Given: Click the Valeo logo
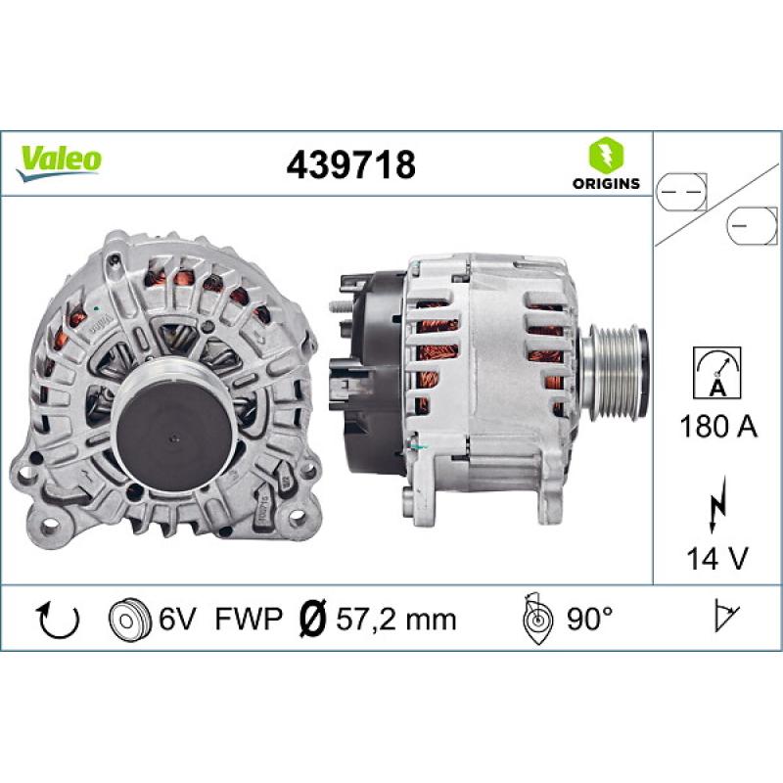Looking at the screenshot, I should coord(58,160).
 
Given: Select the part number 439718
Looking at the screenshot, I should coord(350,164).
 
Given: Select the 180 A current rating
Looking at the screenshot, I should coord(716,426).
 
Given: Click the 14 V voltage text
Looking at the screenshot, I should coord(716,558).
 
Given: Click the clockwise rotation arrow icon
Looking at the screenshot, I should coord(58,619).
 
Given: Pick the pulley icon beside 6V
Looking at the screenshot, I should coord(126,619).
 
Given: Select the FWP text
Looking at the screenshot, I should coord(249,619).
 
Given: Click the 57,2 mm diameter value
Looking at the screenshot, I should coord(395,619).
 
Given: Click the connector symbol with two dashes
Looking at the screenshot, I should coord(681,193).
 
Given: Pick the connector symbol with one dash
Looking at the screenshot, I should coord(751,227).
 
